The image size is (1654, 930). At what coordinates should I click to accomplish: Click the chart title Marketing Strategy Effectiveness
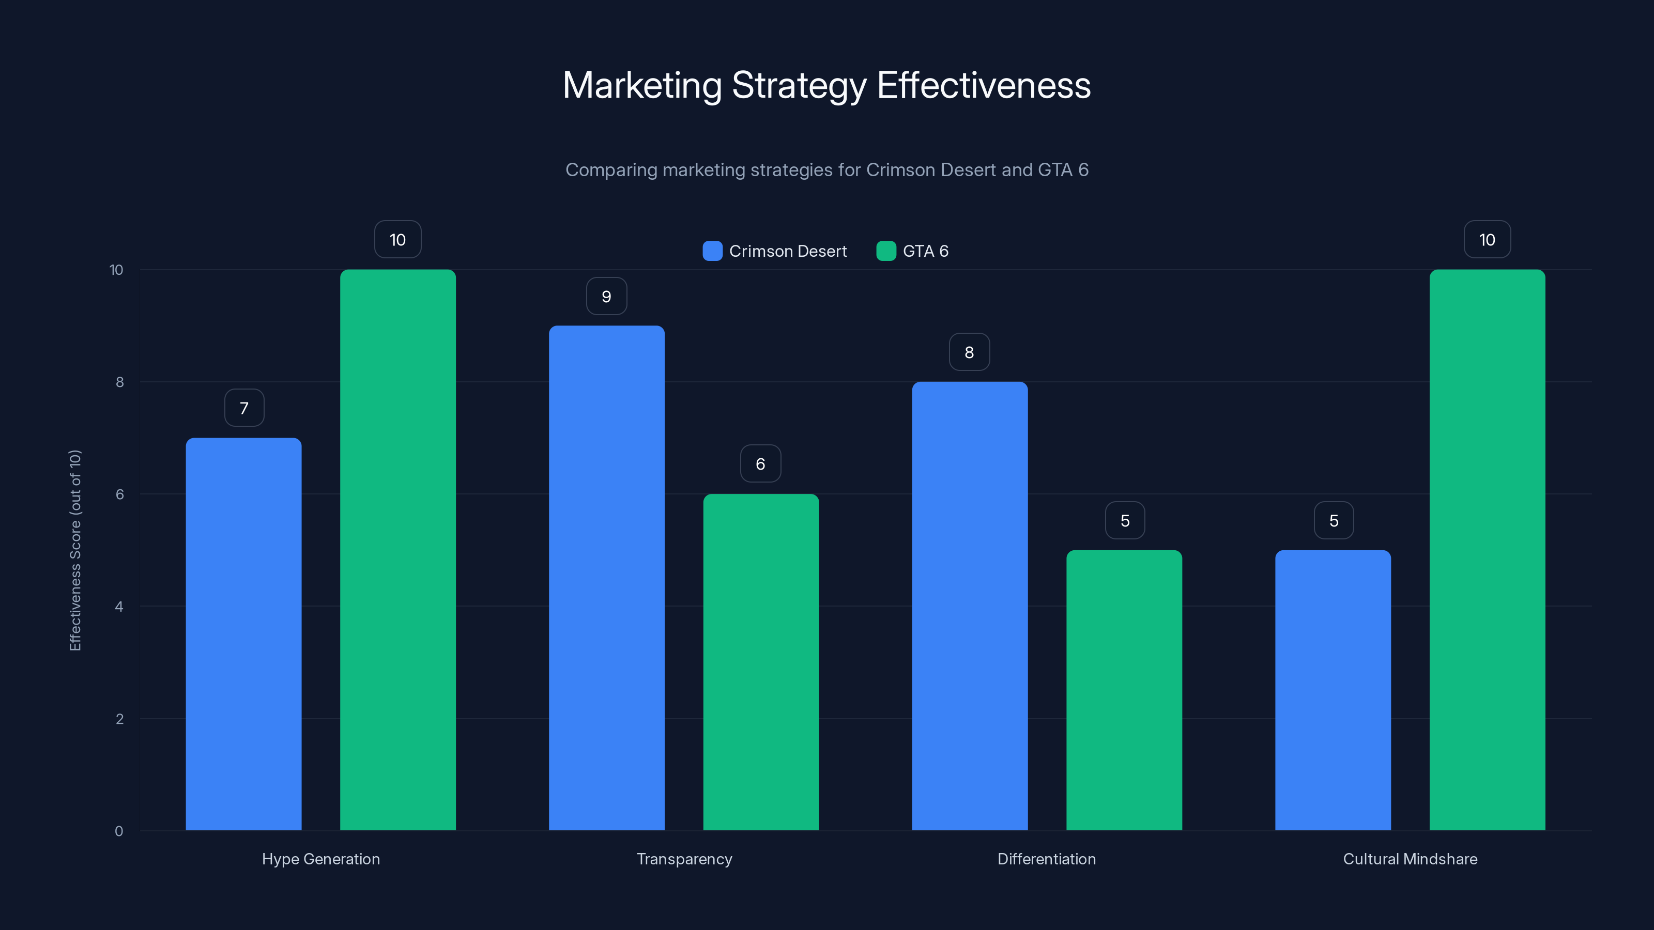click(826, 85)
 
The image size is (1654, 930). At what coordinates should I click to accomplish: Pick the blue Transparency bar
click(606, 578)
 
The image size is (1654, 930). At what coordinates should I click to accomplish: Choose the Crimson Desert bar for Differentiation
click(970, 606)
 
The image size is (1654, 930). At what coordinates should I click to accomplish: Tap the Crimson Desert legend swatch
click(712, 251)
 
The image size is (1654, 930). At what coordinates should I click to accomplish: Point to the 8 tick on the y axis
click(119, 382)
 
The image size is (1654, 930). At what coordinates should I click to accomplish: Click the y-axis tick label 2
click(119, 719)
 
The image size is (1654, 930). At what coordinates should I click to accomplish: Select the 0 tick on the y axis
click(119, 831)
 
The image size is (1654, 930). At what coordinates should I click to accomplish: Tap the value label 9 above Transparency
click(606, 297)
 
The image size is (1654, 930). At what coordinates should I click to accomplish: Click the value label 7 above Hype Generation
click(244, 408)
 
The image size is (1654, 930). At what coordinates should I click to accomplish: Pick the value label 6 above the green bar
click(760, 464)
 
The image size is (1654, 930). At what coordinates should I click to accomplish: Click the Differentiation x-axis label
click(1046, 859)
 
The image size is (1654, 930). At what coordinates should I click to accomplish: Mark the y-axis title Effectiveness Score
click(75, 550)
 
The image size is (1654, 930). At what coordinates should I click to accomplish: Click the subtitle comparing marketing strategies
click(826, 170)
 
